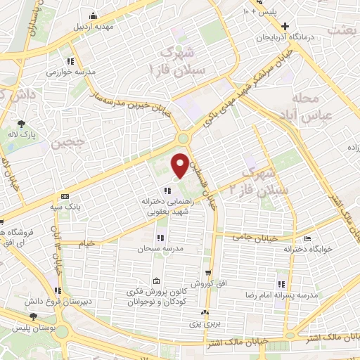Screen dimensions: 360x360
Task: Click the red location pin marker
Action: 181,165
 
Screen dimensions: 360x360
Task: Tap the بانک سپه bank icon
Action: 65,196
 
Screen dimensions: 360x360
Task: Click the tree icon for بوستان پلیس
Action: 33,319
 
